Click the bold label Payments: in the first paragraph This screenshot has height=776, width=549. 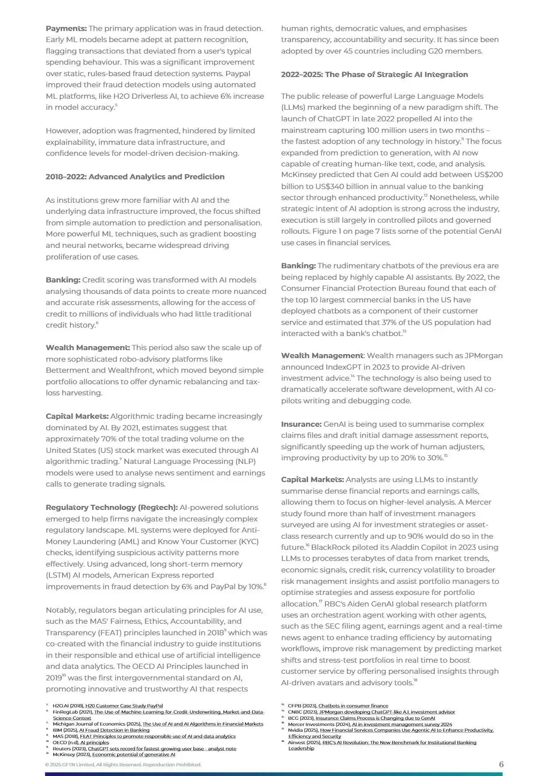click(x=66, y=29)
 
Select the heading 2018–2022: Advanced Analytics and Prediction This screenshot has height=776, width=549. click(x=135, y=177)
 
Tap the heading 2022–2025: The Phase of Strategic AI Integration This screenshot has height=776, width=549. click(x=374, y=74)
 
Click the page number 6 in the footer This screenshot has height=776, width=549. click(x=501, y=764)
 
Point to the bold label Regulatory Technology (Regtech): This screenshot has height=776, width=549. click(x=112, y=507)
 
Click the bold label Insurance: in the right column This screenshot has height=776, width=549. click(x=301, y=424)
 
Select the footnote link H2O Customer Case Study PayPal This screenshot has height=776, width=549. click(x=124, y=706)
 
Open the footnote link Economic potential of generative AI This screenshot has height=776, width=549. click(x=133, y=754)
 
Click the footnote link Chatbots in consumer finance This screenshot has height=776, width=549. click(x=353, y=706)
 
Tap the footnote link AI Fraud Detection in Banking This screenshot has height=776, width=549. click(x=114, y=730)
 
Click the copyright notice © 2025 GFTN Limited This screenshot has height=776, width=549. click(x=123, y=764)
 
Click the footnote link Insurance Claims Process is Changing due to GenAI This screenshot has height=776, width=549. click(x=375, y=718)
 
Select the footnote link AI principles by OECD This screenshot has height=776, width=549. click(x=94, y=742)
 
